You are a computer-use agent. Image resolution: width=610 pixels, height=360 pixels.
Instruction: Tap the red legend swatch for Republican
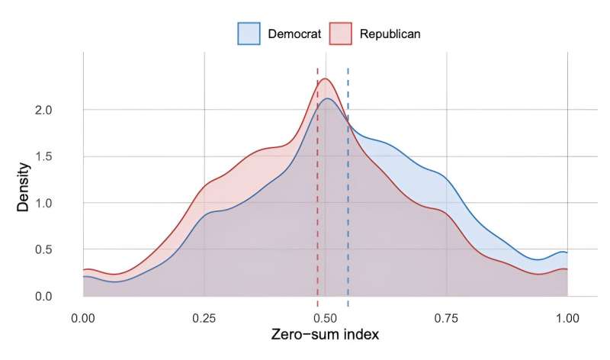point(341,34)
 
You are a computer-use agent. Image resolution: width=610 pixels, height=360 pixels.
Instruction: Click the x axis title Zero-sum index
point(325,335)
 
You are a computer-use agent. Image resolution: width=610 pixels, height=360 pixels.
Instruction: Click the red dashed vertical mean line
point(318,191)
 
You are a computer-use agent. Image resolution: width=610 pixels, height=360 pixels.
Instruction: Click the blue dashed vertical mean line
point(348,191)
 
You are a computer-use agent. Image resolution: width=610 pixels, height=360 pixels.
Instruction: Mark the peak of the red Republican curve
point(325,79)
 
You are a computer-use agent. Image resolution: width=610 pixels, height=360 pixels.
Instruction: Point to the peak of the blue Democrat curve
point(328,98)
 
